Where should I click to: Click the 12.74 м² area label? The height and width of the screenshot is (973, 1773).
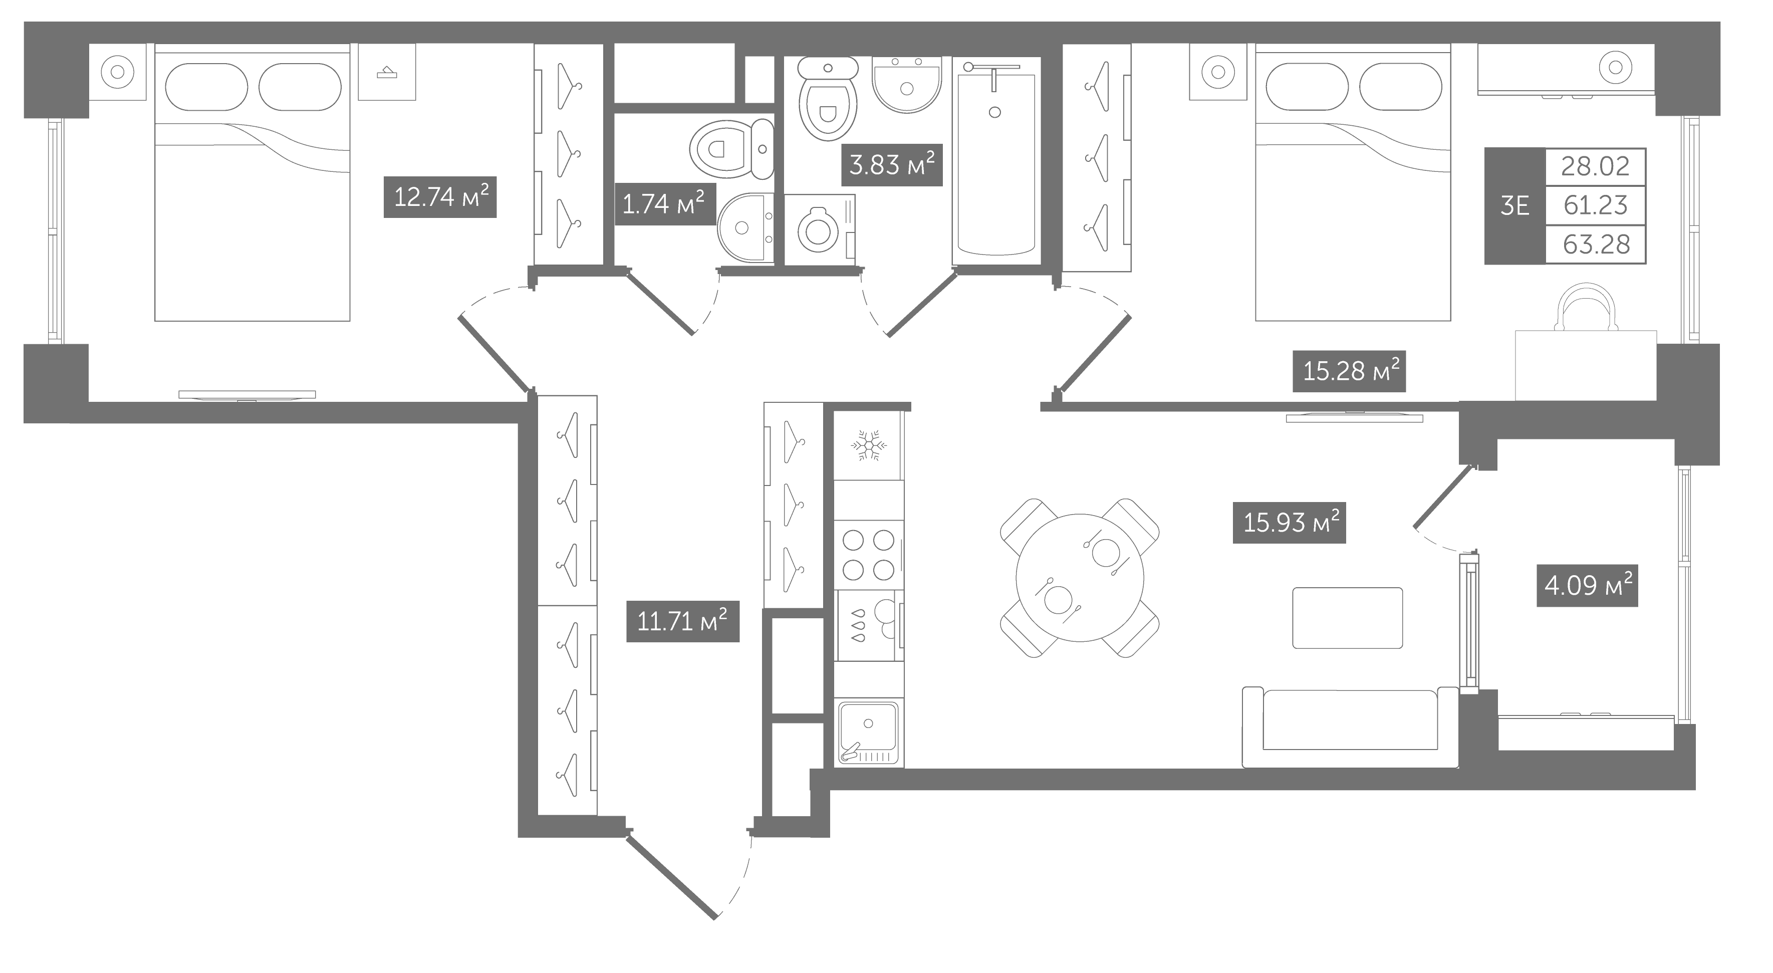coord(440,197)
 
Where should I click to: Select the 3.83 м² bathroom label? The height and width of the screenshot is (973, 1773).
coord(891,165)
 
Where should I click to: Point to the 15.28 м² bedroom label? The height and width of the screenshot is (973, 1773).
coord(1349,372)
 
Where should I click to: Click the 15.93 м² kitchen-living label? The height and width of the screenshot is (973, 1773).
coord(1289,523)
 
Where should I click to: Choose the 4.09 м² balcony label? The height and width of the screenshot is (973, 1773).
coord(1587,586)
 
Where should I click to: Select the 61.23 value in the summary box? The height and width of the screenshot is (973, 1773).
coord(1596,205)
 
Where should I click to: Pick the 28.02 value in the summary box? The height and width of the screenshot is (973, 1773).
coord(1596,166)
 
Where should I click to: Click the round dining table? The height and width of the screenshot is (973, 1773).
coord(1080,577)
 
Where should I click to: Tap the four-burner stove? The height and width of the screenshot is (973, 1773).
coord(869,555)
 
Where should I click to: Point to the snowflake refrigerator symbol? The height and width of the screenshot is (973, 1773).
coord(869,446)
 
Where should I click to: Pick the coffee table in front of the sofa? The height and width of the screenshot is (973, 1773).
coord(1348,618)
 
